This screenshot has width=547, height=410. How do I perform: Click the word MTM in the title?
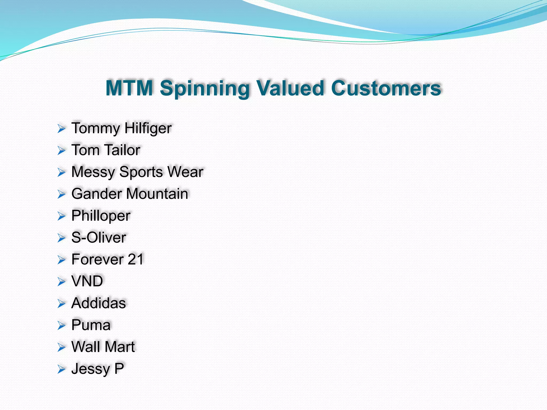pos(129,88)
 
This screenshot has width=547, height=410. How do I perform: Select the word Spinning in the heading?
pos(204,89)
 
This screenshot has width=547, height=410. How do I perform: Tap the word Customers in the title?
pos(386,88)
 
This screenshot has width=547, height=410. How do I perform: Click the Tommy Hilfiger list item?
pos(122,128)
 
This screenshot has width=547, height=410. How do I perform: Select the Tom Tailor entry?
pos(106,150)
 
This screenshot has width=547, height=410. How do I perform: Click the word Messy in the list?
pos(93,172)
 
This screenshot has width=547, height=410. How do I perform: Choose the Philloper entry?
pos(101,216)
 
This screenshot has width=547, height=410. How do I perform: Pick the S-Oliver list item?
pos(99,238)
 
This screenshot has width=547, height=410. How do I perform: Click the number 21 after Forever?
pos(136,259)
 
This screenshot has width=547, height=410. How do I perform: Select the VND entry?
pos(87,281)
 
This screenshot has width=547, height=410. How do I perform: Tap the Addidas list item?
pos(99,303)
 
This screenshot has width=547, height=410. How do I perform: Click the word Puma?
pos(91,325)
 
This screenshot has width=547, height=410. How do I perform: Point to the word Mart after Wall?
pos(120,347)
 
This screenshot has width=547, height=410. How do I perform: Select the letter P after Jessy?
pos(119,369)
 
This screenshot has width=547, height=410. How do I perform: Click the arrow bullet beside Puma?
pos(61,326)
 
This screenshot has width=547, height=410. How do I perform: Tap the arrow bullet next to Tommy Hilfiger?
pos(61,129)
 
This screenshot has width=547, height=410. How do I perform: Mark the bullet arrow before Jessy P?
pos(61,369)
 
